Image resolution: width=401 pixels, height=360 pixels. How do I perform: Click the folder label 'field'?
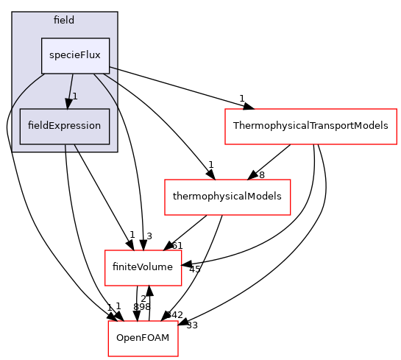coord(64,20)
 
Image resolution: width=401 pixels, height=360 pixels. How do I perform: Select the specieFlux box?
coord(75,55)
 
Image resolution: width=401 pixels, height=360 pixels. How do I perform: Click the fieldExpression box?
coord(64,126)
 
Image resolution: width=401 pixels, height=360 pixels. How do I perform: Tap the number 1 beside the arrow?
coord(75,97)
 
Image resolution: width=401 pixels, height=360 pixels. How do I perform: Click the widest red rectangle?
coord(310,126)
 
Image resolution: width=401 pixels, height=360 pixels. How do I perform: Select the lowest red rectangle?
coord(143,338)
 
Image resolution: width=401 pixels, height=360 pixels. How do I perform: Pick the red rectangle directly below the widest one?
coord(227,197)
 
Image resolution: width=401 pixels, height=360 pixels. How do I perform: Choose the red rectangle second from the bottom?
coord(143,267)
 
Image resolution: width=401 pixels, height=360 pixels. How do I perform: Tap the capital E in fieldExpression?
coord(49,126)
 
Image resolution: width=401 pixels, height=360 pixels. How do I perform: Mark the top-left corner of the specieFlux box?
coord(41,38)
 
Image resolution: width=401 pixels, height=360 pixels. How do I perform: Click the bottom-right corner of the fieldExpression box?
coord(110,144)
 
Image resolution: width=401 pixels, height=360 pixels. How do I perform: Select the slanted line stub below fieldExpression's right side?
coord(77,148)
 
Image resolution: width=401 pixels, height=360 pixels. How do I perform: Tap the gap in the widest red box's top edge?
coord(249,109)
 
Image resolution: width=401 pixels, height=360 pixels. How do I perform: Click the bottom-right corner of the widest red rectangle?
coord(397,144)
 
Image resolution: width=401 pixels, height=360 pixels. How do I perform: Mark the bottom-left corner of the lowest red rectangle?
coord(109,356)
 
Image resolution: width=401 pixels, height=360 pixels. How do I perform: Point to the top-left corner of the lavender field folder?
coord(13,13)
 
